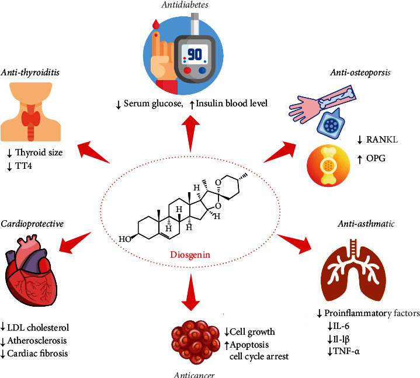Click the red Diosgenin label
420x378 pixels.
point(190,255)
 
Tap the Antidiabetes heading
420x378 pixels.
point(185,5)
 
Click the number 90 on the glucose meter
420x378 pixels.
point(195,55)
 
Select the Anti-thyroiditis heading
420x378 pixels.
point(30,72)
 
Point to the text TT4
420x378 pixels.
point(23,166)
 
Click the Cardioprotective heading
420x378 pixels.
point(32,224)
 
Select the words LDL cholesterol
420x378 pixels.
point(38,327)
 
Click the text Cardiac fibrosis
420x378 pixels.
point(37,353)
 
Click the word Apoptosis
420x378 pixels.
point(249,345)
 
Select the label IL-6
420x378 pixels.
point(341,326)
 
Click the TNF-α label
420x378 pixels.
point(346,351)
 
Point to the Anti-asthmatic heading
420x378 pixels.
point(366,224)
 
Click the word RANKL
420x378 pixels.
point(382,140)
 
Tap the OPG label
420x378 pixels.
point(376,158)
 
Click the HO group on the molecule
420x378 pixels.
point(125,239)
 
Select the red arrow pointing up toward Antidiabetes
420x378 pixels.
point(190,133)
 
